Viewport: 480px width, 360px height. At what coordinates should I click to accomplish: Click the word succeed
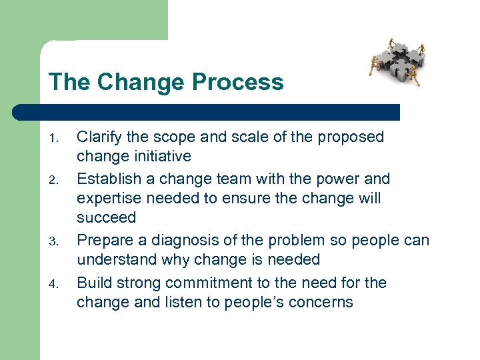[x=107, y=218]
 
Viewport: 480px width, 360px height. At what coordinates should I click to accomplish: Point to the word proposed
[x=351, y=137]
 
